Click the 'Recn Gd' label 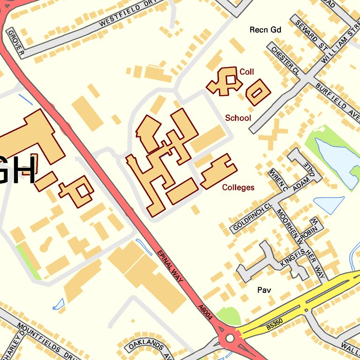[265, 30]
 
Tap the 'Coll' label [247, 72]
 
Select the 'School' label [238, 118]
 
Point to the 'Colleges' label [238, 187]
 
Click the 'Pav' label [264, 290]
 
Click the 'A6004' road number [205, 313]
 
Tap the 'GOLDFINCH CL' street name [252, 217]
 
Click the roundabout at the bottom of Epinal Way [230, 338]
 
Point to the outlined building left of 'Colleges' [218, 172]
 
